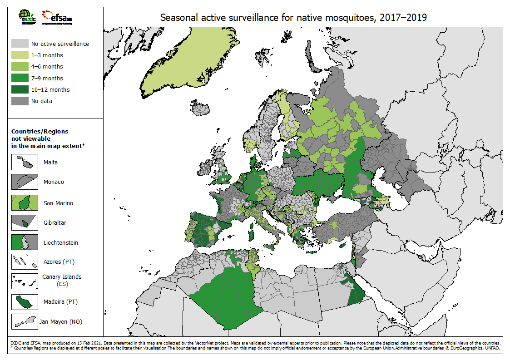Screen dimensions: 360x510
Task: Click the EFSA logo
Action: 57,17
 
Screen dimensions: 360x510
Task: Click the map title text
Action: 293,18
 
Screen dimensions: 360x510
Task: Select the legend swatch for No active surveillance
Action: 19,44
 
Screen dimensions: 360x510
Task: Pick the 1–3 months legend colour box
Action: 19,55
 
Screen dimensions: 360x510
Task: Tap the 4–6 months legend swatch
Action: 19,67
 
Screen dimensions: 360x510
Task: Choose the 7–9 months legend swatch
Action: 19,78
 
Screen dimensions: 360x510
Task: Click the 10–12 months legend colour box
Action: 19,89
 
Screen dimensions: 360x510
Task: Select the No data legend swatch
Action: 19,101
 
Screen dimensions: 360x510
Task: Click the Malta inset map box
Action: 25,162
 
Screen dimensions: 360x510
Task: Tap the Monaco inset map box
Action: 25,182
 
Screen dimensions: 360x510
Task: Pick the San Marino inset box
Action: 25,202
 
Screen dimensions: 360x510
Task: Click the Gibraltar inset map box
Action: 25,222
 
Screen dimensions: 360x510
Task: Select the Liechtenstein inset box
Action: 25,242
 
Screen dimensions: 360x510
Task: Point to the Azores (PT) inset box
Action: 25,262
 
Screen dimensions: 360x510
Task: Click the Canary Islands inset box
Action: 25,281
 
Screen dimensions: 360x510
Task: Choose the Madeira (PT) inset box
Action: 25,301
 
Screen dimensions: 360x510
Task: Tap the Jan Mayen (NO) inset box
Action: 25,321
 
